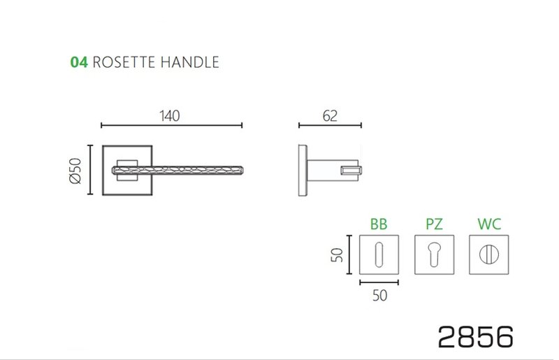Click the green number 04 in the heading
pos(78,62)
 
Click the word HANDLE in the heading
pos(190,62)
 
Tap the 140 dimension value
pos(169,116)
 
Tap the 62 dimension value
pos(331,116)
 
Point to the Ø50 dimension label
pos(77,170)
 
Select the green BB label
pos(378,224)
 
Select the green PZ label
pos(434,224)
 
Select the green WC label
pos(489,224)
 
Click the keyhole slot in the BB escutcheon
pos(378,255)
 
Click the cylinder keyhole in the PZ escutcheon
pos(433,255)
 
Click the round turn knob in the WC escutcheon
pos(488,255)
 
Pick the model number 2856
pos(476,336)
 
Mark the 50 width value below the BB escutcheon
pos(379,295)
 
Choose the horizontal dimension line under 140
pos(172,126)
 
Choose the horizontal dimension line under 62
pos(330,126)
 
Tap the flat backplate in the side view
pos(303,170)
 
